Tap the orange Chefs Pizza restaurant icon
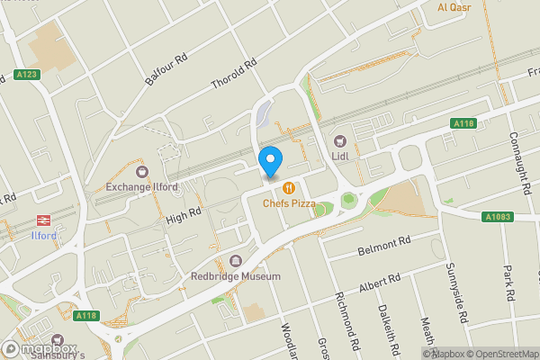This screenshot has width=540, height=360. [x=288, y=188]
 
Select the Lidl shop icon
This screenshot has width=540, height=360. [x=340, y=140]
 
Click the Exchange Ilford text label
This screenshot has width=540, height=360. [x=140, y=186]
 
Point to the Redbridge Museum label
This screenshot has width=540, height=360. [x=236, y=276]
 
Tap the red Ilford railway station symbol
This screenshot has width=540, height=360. [x=41, y=220]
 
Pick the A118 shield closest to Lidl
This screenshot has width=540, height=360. [x=463, y=123]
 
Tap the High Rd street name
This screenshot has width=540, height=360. [x=184, y=213]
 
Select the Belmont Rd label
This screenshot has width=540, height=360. [x=383, y=245]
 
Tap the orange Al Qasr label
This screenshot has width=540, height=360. [x=454, y=8]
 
